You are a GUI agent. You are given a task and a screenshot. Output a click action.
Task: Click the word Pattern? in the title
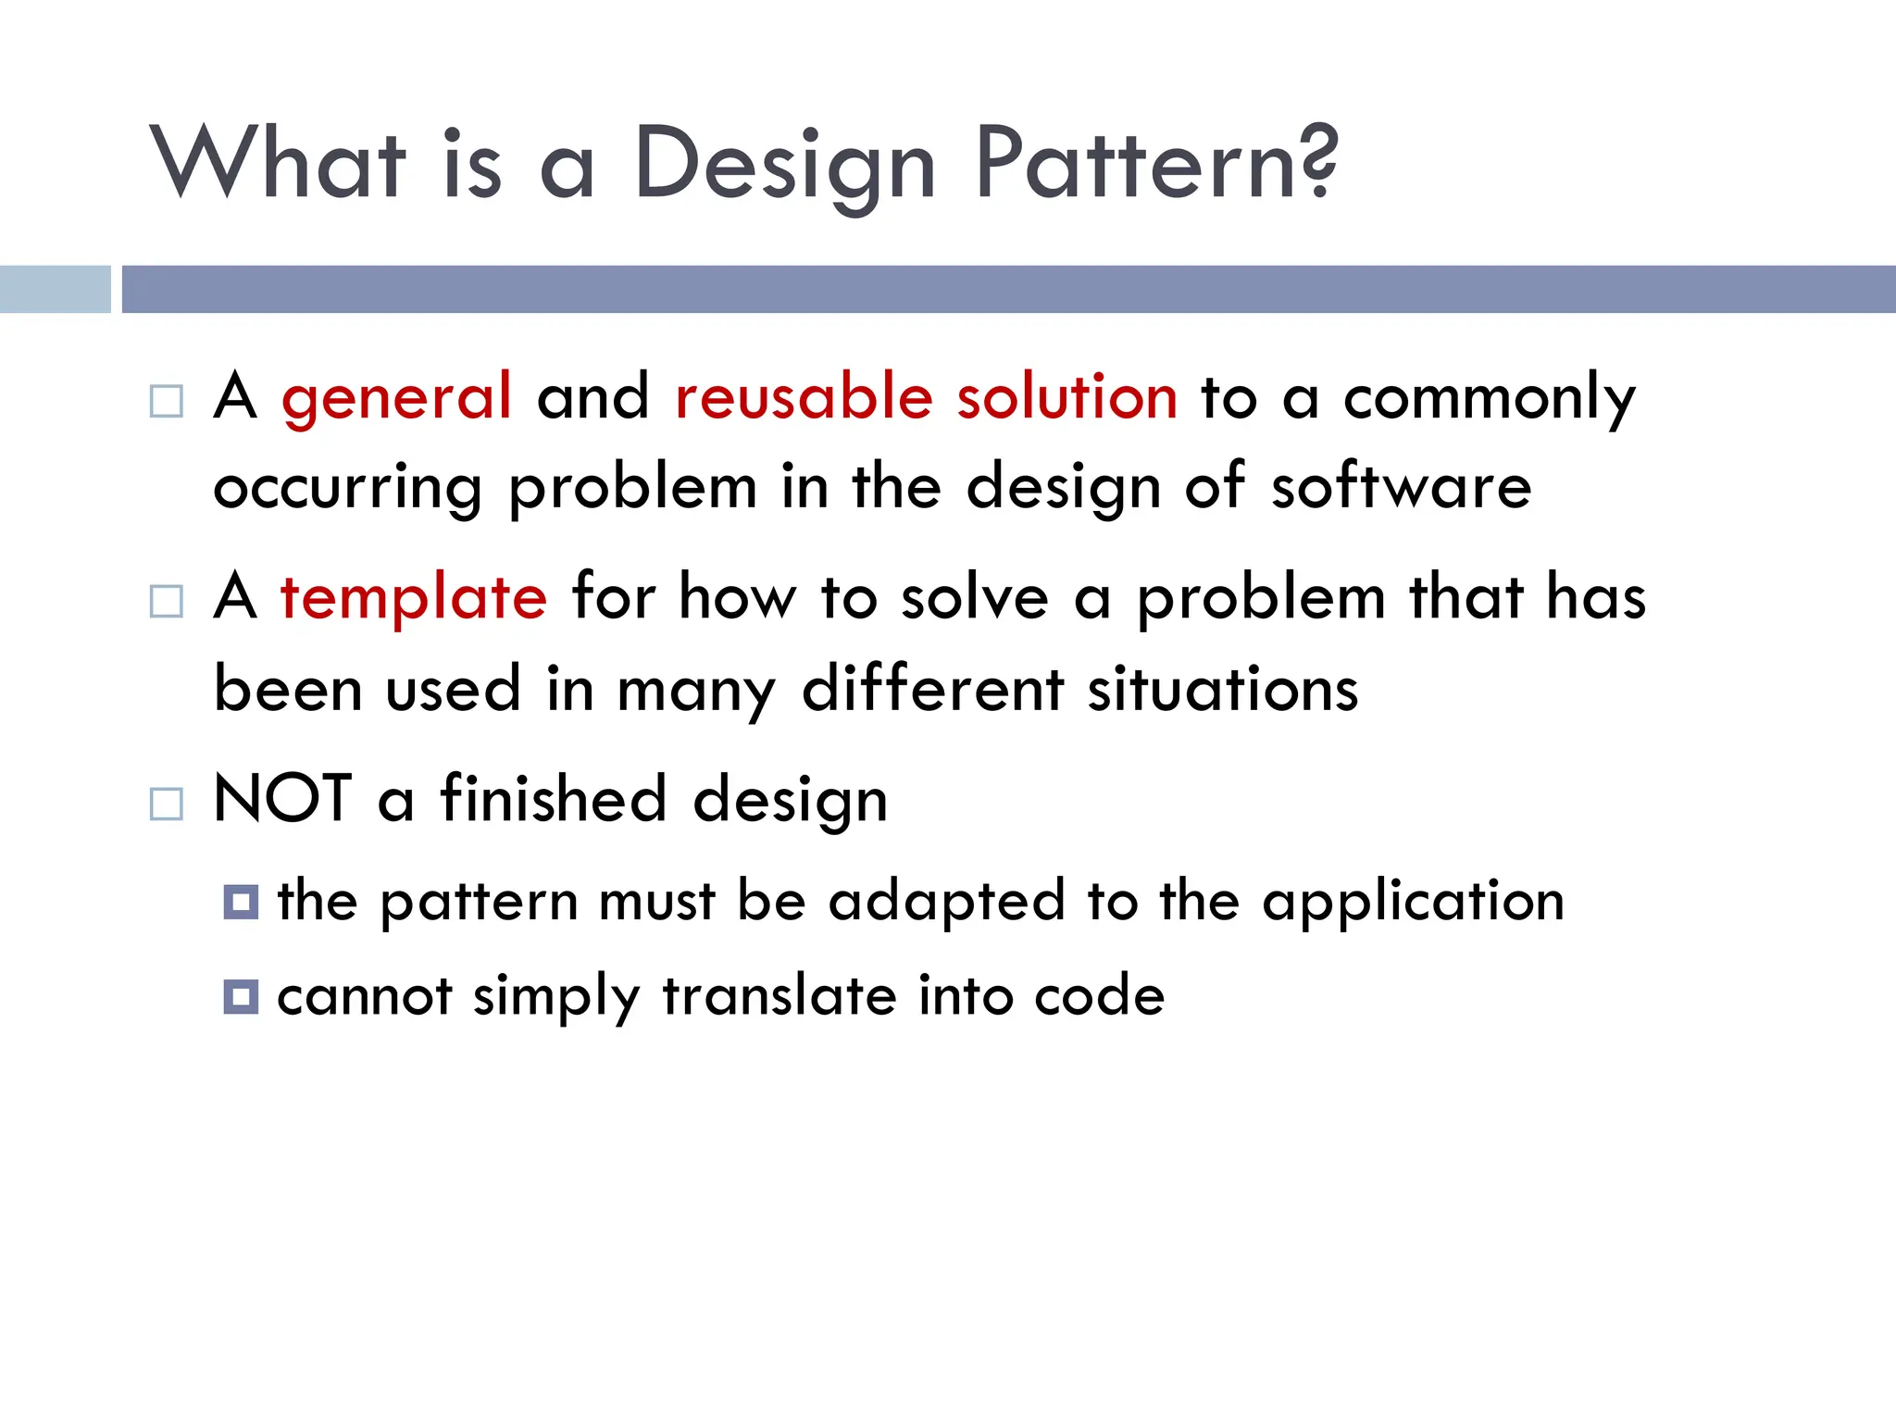pyautogui.click(x=1156, y=164)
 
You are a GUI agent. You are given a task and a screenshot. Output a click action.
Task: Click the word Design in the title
pyautogui.click(x=785, y=167)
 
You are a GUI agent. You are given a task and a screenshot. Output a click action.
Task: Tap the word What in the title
pyautogui.click(x=278, y=164)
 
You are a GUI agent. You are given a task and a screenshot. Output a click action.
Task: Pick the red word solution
pyautogui.click(x=1066, y=396)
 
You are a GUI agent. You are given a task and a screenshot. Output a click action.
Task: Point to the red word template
pyautogui.click(x=414, y=598)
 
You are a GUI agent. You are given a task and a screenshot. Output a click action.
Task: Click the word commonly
pyautogui.click(x=1489, y=398)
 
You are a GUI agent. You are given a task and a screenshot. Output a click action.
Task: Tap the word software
pyautogui.click(x=1401, y=486)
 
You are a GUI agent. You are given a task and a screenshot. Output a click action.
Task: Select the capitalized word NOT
pyautogui.click(x=282, y=798)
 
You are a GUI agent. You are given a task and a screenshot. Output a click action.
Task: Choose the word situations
pyautogui.click(x=1222, y=689)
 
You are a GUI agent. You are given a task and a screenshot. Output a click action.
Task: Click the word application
pyautogui.click(x=1413, y=902)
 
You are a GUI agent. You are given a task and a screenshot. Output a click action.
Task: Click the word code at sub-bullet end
pyautogui.click(x=1099, y=997)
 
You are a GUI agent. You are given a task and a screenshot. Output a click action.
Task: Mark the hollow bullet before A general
pyautogui.click(x=167, y=402)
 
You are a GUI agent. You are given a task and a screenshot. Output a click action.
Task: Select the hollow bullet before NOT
pyautogui.click(x=167, y=804)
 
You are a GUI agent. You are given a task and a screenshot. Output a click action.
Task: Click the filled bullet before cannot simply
pyautogui.click(x=241, y=997)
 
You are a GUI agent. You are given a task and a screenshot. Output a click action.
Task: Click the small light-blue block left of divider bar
pyautogui.click(x=55, y=289)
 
